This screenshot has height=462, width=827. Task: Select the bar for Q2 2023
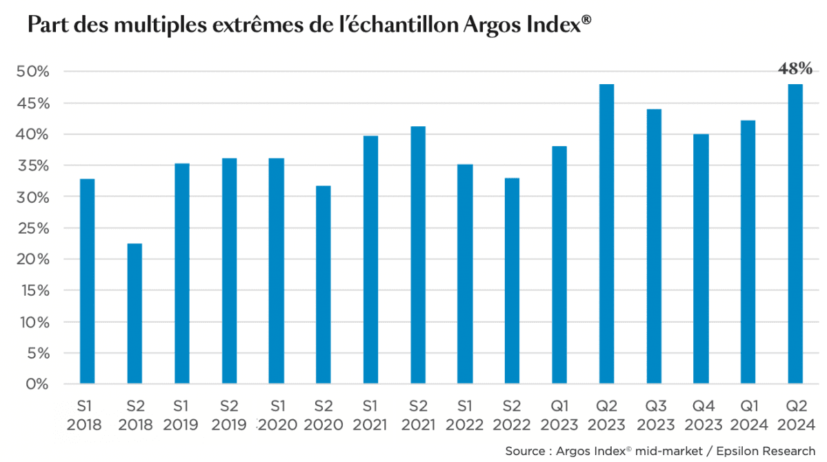pos(606,234)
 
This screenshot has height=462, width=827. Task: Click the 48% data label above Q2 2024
pos(795,69)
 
